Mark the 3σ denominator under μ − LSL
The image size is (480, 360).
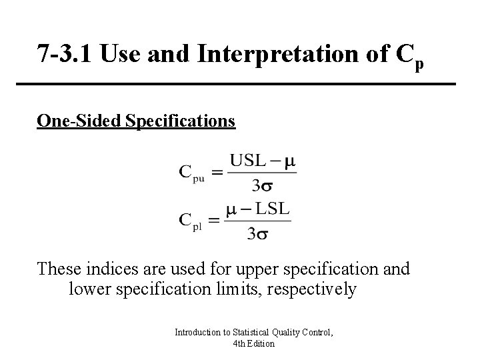(259, 234)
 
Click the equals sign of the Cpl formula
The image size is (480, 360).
(215, 221)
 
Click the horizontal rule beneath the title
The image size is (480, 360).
(245, 84)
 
